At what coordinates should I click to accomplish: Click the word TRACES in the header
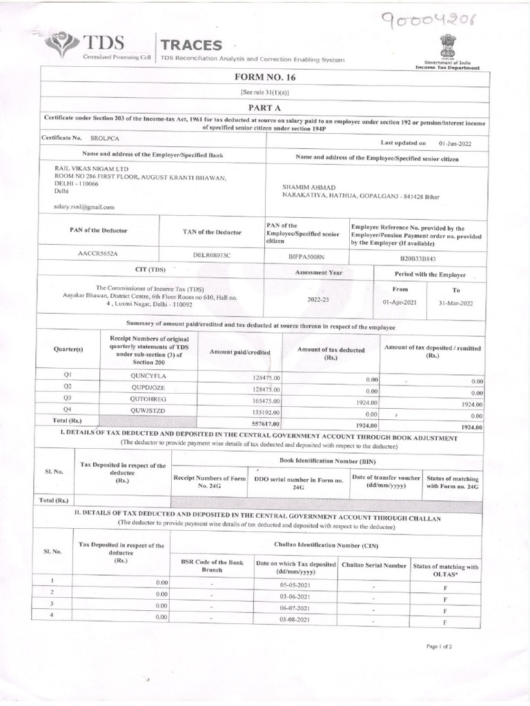pos(191,46)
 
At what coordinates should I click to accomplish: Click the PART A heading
pos(264,108)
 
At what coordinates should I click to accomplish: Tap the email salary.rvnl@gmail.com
pos(84,206)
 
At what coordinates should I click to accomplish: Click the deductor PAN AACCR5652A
pos(99,254)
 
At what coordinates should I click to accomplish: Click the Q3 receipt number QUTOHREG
pos(148,399)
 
